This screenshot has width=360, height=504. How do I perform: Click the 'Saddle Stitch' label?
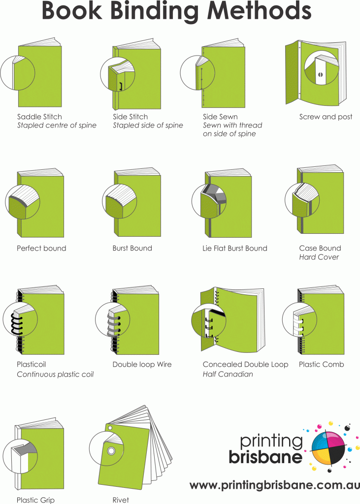point(39,117)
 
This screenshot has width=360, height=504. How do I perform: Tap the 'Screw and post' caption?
point(326,117)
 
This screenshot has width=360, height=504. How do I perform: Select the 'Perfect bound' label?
point(41,249)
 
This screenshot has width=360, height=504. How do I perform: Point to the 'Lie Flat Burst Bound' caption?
point(235,249)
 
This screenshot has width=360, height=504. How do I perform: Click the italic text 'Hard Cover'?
point(319,257)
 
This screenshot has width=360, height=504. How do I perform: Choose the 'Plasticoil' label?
point(31,365)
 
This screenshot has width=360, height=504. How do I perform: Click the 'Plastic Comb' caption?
point(321,365)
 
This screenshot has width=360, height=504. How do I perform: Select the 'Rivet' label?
point(121,500)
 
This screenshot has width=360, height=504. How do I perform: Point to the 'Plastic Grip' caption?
point(35,500)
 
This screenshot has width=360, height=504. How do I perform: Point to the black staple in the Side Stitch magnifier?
point(120,87)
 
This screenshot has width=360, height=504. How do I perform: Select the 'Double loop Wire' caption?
point(142,365)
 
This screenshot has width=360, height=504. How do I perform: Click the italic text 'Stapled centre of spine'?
point(57,126)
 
